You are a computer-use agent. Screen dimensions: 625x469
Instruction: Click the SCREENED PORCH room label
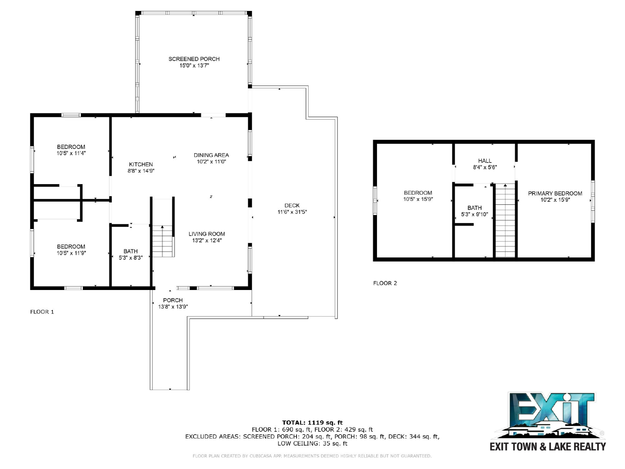coord(194,59)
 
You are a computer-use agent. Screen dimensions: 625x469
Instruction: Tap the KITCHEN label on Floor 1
coord(141,164)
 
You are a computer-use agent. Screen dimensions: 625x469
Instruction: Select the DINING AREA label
coord(211,155)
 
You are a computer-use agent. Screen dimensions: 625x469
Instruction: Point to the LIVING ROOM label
coord(207,234)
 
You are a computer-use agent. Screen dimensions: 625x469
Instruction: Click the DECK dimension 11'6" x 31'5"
coord(292,212)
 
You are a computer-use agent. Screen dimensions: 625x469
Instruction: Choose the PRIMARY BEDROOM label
coord(555,193)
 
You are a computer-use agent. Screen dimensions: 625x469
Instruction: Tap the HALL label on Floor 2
coord(485,161)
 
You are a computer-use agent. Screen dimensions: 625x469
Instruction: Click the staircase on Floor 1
coord(162,241)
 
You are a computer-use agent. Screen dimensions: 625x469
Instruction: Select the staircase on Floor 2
coord(505,220)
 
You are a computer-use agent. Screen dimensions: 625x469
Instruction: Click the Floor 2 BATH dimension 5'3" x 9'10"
coord(474,214)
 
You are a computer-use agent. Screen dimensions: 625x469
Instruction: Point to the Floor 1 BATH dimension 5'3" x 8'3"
coord(130,258)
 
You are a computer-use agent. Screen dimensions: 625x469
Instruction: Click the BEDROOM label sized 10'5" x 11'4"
coord(71,147)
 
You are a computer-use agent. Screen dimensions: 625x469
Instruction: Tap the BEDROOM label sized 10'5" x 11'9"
coord(71,247)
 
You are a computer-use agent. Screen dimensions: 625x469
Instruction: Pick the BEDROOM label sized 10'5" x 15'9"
coord(418,193)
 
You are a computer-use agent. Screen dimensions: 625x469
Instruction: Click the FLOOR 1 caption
coord(42,312)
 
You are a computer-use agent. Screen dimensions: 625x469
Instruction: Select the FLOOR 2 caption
coord(385,283)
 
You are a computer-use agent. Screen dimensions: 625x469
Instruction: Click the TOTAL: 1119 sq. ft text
coord(312,422)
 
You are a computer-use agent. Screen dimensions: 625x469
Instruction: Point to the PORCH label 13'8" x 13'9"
coord(173,300)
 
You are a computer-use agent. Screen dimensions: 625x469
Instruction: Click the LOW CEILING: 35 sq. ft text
coord(312,443)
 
